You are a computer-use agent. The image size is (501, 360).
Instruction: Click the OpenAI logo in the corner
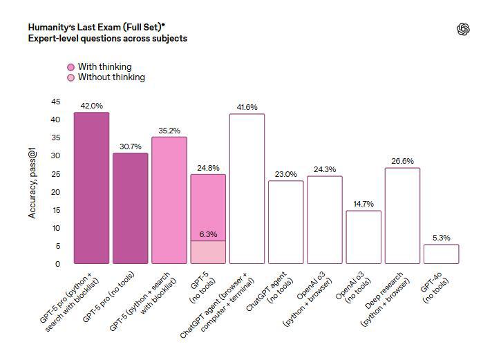pos(463,28)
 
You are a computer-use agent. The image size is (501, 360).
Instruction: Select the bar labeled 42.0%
pos(91,187)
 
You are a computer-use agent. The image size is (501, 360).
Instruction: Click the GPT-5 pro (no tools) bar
pos(130,208)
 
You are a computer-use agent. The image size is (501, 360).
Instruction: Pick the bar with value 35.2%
pos(169,200)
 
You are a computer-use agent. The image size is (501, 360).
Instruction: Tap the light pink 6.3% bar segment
pos(207,252)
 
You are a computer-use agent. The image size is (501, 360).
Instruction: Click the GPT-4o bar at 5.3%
pos(441,254)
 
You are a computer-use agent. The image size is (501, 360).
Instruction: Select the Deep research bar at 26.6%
pos(402,216)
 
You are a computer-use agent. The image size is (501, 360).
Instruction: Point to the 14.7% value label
pos(363,204)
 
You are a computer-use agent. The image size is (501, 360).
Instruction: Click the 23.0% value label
pos(285,174)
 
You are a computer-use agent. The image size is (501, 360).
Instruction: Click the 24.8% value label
pos(207,168)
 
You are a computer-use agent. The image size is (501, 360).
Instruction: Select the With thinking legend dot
pos(70,67)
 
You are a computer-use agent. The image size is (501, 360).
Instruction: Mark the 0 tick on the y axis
pos(57,264)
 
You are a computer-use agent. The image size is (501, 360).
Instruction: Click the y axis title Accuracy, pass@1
pos(32,182)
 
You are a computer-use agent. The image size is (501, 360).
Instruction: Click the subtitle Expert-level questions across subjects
pos(107,39)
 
